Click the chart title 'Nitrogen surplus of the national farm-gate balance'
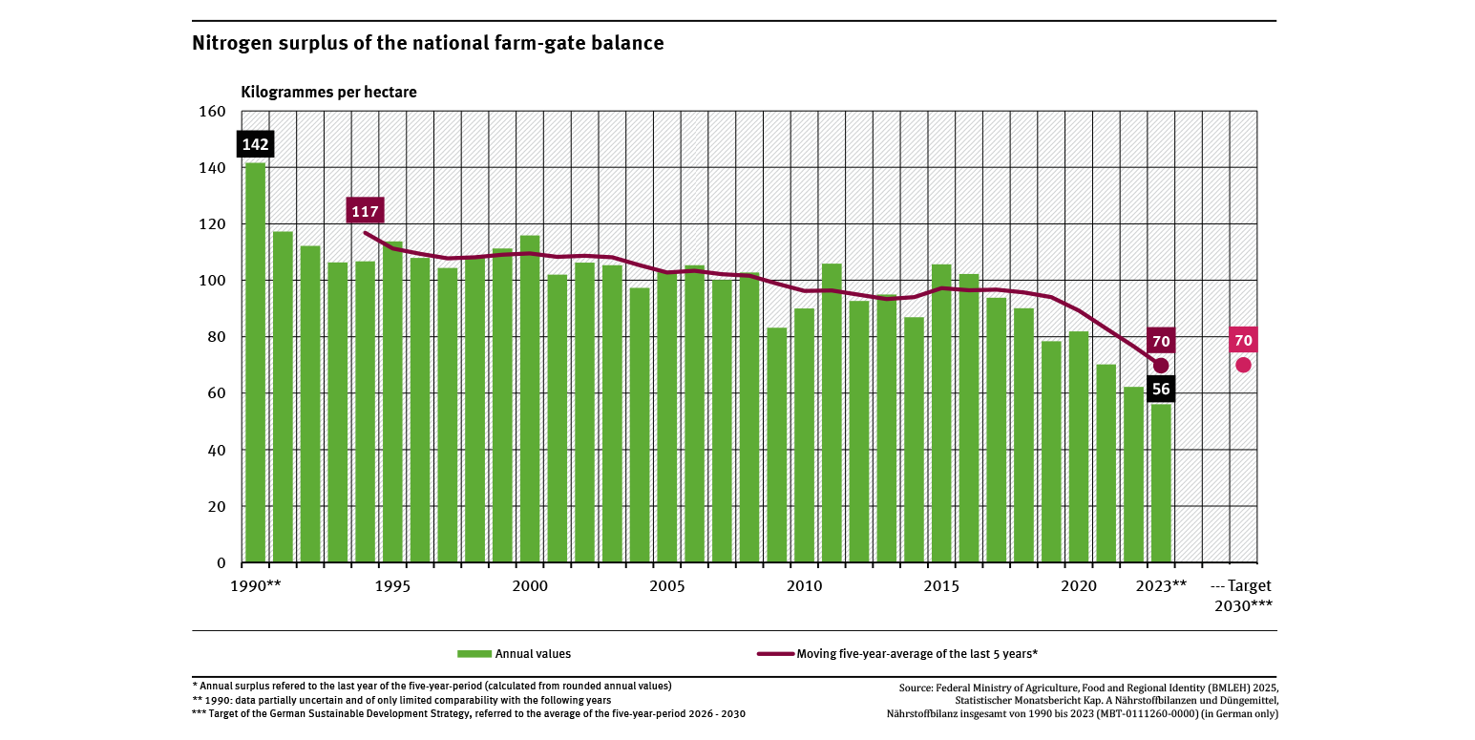(x=428, y=43)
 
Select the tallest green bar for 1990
(x=255, y=363)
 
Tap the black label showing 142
(x=255, y=145)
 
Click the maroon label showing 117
(x=365, y=211)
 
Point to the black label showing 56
(x=1160, y=389)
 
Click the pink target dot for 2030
(x=1243, y=365)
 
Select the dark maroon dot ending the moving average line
(x=1161, y=366)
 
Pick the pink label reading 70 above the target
(x=1243, y=341)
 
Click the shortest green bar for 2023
(x=1160, y=483)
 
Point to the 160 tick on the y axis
(x=213, y=112)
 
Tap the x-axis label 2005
(x=666, y=585)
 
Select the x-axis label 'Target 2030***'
(x=1243, y=595)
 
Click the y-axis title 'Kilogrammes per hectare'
(x=328, y=93)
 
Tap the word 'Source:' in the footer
(x=917, y=687)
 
